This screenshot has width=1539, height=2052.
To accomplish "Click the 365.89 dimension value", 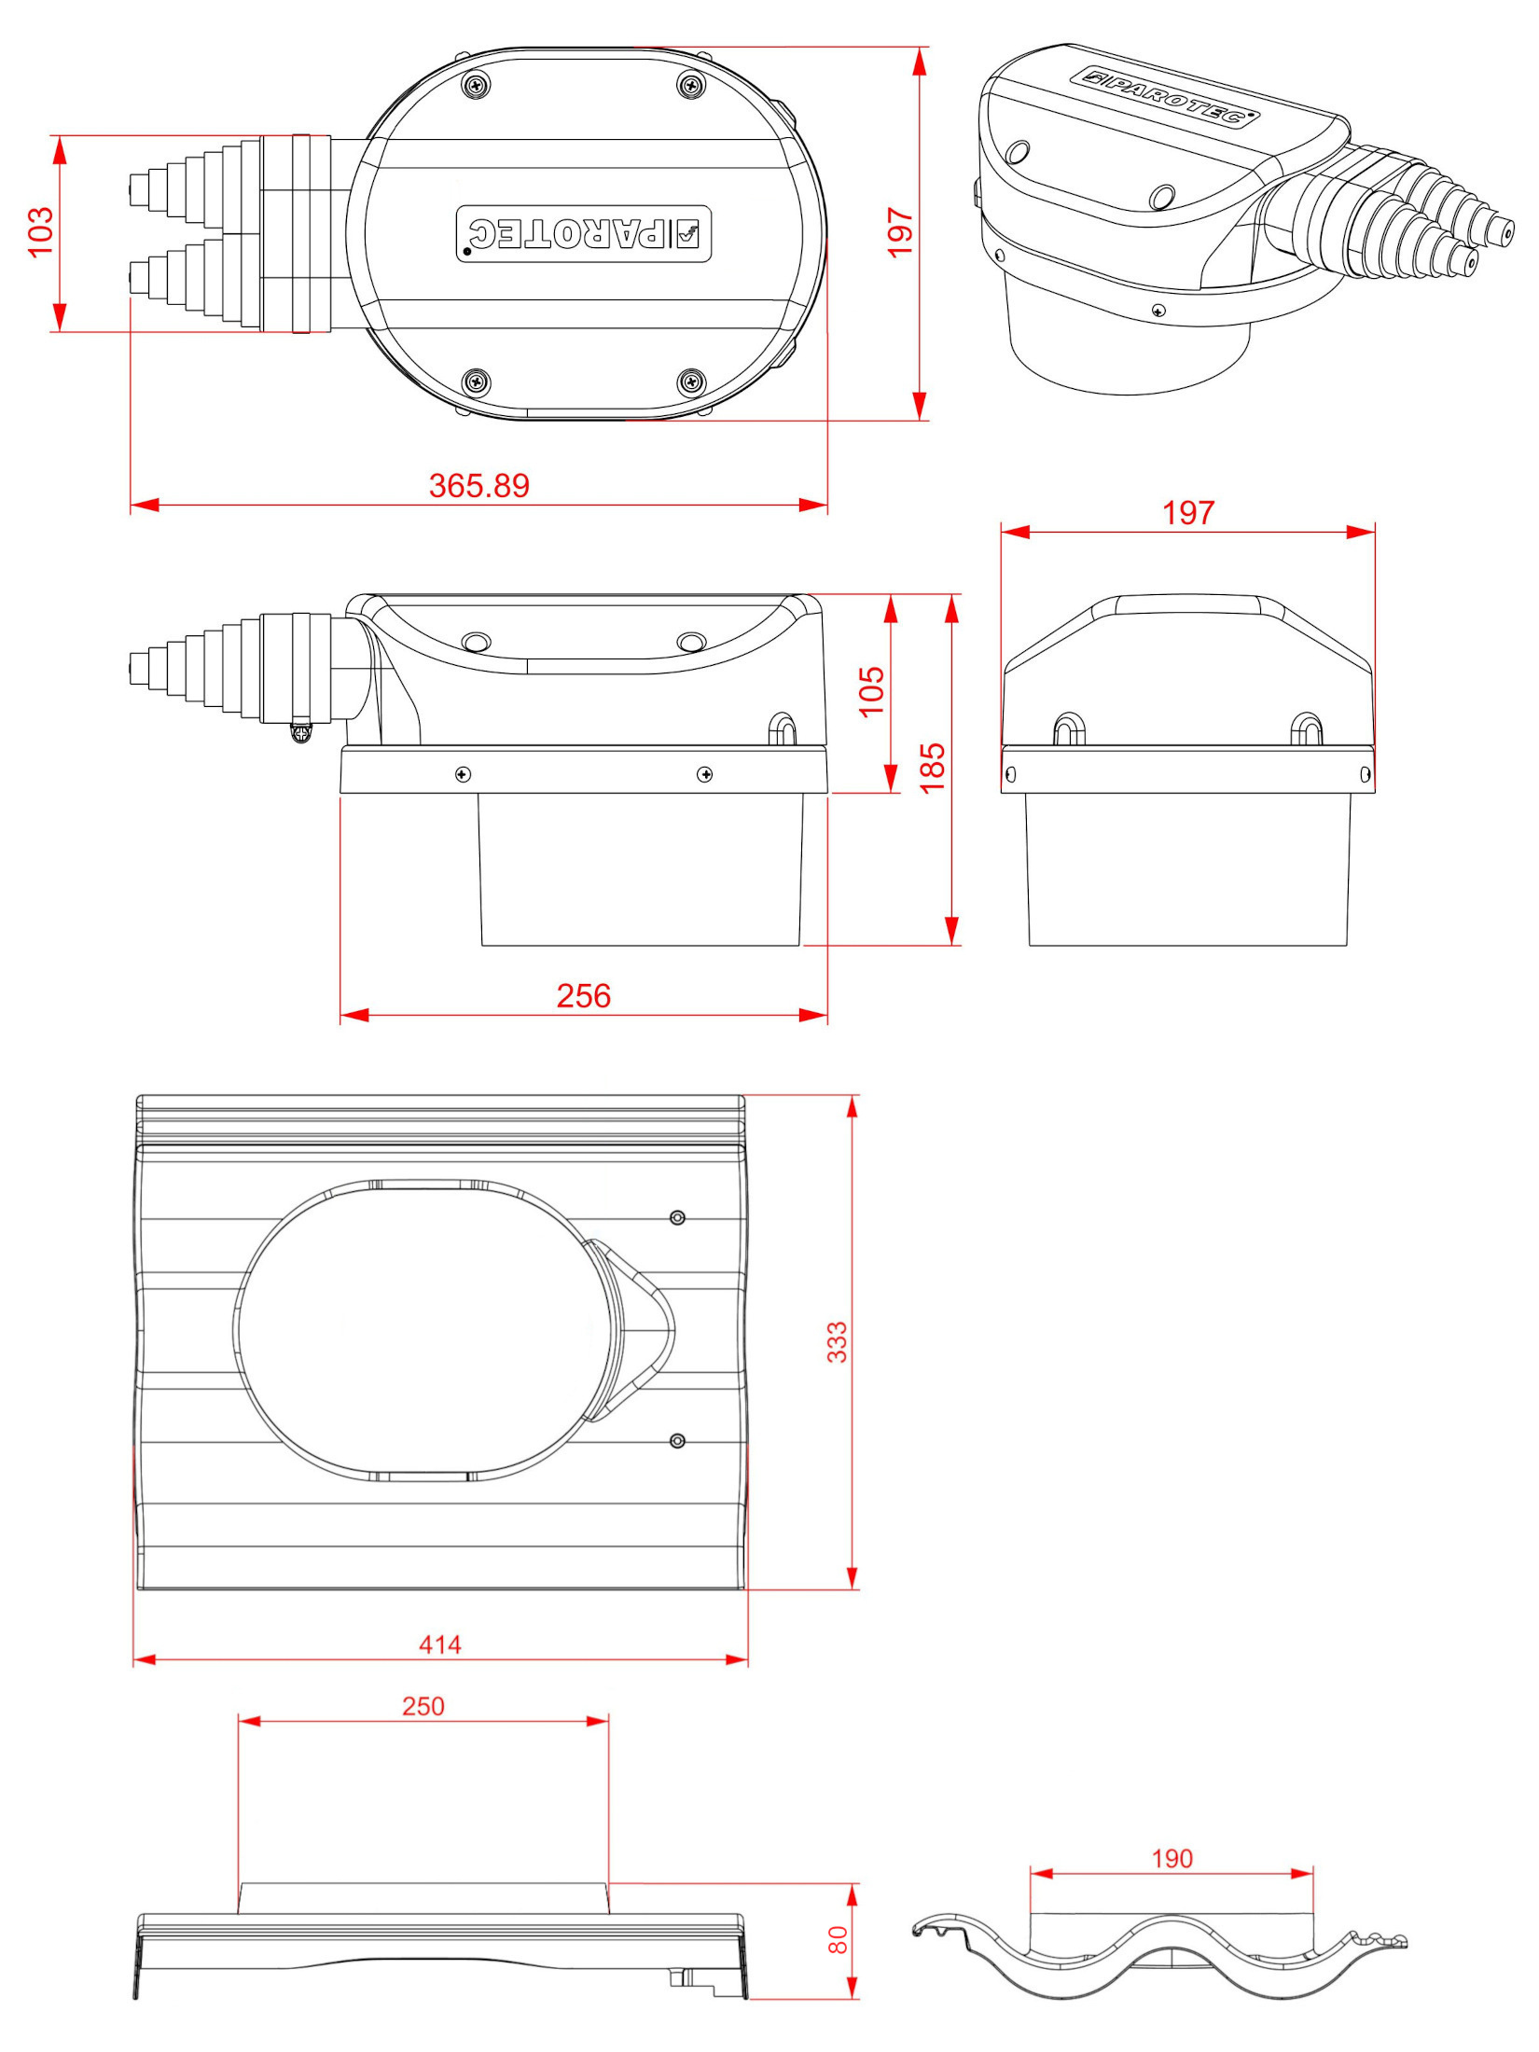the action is (478, 486).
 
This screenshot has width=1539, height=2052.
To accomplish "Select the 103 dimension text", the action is (41, 232).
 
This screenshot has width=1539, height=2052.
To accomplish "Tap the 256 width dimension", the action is (584, 996).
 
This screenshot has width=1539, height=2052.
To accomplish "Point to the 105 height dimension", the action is (871, 691).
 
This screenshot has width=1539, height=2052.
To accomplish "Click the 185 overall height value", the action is (933, 769).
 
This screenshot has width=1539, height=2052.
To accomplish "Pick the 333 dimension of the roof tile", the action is (838, 1342).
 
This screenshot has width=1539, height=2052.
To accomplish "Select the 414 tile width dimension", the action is (440, 1644).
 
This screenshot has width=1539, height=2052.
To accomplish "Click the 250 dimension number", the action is (423, 1706).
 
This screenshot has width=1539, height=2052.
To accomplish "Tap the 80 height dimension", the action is (838, 1940).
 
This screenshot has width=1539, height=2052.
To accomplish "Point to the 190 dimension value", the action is (1172, 1859).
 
